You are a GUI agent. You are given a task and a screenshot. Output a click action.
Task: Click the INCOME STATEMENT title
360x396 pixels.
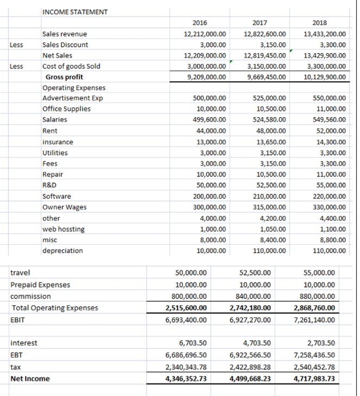coord(75,12)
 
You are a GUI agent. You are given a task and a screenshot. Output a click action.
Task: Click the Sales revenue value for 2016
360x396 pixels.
coord(205,34)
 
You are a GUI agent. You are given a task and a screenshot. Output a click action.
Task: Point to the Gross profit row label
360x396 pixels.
coord(64,77)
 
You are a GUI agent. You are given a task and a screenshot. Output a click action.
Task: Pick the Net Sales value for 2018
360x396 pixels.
coord(325,56)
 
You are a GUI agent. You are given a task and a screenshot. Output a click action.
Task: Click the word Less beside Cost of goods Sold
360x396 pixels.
coord(16,66)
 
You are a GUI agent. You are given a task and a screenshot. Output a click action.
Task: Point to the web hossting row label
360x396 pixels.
coord(63,229)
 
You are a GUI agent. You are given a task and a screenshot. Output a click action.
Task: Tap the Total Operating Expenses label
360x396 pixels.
coord(55,308)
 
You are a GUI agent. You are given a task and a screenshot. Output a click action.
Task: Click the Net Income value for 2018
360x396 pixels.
coord(314,379)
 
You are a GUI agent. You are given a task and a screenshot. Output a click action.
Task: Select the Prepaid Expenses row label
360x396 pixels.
coord(40,285)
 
